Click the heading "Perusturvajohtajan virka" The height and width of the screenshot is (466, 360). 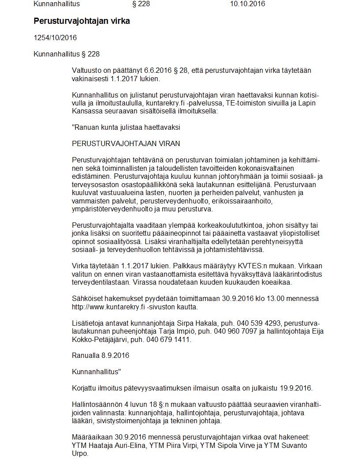point(82,21)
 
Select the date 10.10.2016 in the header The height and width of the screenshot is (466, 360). point(247,4)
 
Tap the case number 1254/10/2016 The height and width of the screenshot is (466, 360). point(55,38)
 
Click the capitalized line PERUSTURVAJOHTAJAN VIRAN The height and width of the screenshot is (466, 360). point(126,144)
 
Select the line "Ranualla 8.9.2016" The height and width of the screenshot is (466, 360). point(101,356)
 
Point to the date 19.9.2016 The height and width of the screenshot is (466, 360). point(296,388)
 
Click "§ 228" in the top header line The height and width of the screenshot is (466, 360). point(142,4)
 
